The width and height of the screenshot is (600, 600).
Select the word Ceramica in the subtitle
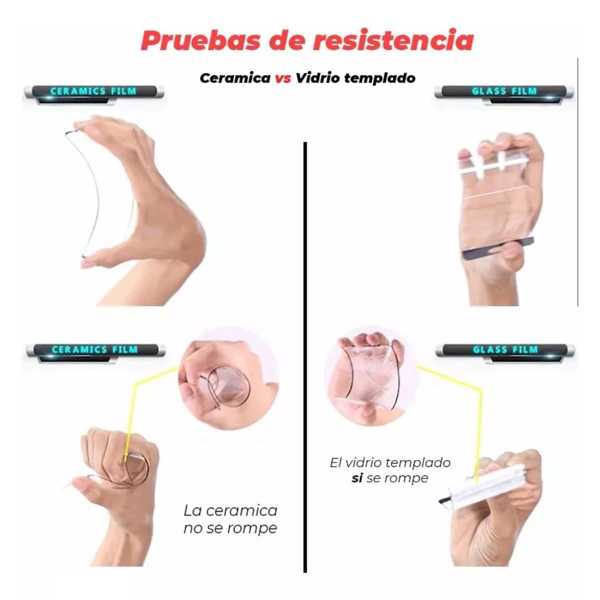click(x=235, y=78)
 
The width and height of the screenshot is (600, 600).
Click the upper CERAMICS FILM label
click(x=93, y=91)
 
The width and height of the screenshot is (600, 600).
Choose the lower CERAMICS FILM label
click(x=94, y=349)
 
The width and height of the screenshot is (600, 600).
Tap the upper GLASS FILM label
click(x=504, y=91)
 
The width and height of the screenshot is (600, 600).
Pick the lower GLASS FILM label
click(x=505, y=349)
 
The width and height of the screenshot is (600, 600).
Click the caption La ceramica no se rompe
click(x=230, y=519)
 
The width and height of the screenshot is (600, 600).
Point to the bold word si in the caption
click(x=357, y=478)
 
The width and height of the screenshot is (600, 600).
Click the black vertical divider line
click(x=305, y=350)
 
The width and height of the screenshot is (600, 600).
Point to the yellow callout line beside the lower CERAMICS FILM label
click(x=150, y=382)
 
